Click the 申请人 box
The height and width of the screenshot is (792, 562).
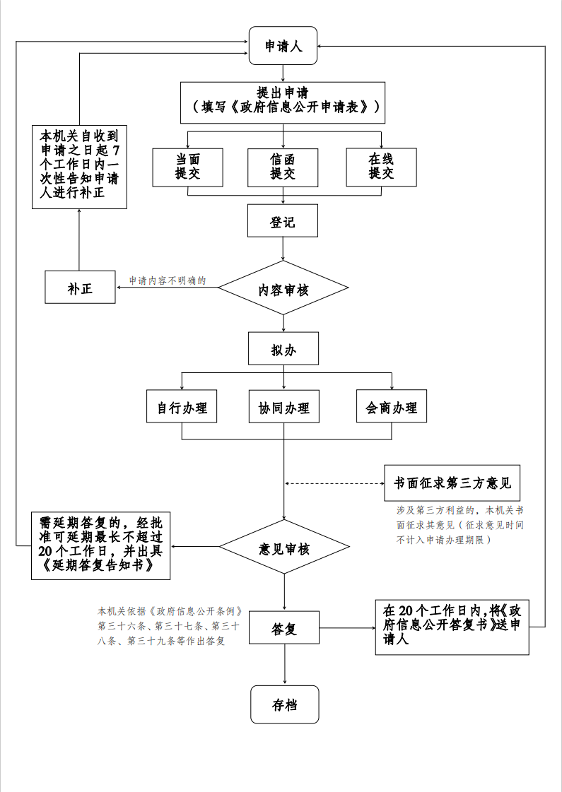[283, 46]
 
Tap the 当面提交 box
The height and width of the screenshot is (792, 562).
[188, 167]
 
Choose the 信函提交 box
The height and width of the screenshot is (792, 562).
[283, 167]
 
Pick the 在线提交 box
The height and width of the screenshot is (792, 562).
[381, 167]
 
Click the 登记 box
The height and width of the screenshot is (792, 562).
[283, 221]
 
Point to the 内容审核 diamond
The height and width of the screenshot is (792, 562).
[283, 288]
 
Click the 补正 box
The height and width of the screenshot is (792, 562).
[80, 288]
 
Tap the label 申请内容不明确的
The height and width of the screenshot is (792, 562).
[168, 280]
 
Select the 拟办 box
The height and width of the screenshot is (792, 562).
[283, 349]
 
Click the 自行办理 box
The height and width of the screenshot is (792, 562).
[182, 406]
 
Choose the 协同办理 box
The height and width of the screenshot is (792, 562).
[283, 406]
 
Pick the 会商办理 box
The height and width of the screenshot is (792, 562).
[392, 406]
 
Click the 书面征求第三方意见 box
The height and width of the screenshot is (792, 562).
[452, 483]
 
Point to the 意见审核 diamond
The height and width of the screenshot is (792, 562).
[283, 548]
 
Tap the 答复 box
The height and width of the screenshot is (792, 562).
[283, 628]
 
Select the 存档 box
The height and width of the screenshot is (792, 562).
[284, 704]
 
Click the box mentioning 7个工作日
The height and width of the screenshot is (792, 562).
[79, 167]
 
